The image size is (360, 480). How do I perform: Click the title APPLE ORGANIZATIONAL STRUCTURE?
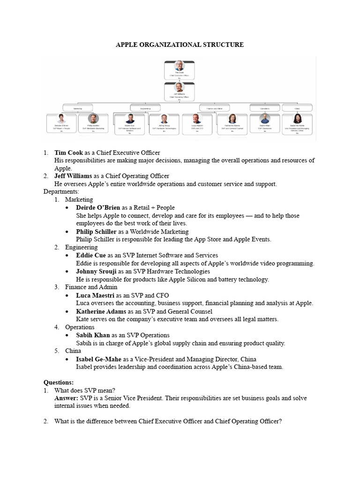click(180, 45)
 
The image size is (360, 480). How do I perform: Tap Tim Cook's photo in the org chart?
click(179, 66)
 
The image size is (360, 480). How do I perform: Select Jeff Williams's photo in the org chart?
click(179, 88)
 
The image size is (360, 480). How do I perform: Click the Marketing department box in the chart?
click(77, 108)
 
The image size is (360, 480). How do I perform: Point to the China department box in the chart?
click(297, 108)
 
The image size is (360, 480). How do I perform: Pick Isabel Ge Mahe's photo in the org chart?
click(297, 119)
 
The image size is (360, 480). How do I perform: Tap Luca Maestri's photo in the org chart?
click(197, 119)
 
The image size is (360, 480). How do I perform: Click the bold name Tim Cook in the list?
click(68, 153)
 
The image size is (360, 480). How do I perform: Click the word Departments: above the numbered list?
click(61, 192)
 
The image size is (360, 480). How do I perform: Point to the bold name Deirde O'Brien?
click(98, 208)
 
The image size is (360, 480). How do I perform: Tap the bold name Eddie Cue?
click(91, 255)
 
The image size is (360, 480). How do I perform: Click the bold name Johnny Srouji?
click(96, 271)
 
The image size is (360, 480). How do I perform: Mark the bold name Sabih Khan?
click(93, 335)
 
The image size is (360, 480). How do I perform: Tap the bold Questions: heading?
click(59, 382)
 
